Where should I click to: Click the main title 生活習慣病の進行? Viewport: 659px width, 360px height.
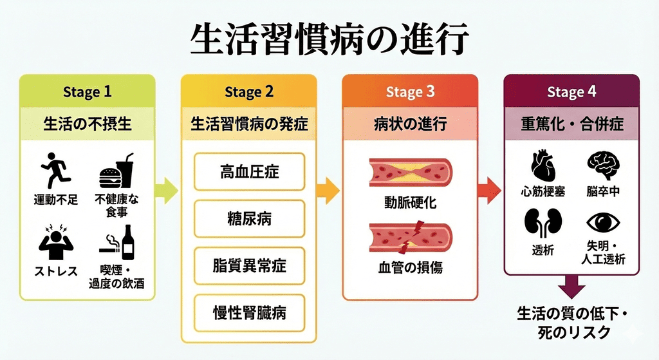tap(329, 40)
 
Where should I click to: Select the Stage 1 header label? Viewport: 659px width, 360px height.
tap(87, 92)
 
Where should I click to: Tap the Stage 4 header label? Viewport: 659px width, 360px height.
tap(571, 92)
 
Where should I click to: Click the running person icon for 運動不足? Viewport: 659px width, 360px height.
tap(55, 170)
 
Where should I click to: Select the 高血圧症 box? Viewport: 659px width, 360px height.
tap(249, 172)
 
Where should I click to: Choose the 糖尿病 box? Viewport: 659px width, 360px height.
tap(249, 219)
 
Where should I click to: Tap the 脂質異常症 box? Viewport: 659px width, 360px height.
tap(249, 266)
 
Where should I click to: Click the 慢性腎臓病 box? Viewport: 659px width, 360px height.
tap(249, 313)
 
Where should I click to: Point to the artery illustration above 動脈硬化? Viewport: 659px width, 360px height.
tap(410, 173)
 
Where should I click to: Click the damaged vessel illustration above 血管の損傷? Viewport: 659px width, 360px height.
tap(410, 239)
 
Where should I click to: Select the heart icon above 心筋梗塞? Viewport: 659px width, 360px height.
tap(543, 166)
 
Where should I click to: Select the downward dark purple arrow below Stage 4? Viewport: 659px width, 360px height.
tap(571, 285)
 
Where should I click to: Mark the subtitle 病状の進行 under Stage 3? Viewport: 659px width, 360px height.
tap(410, 124)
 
